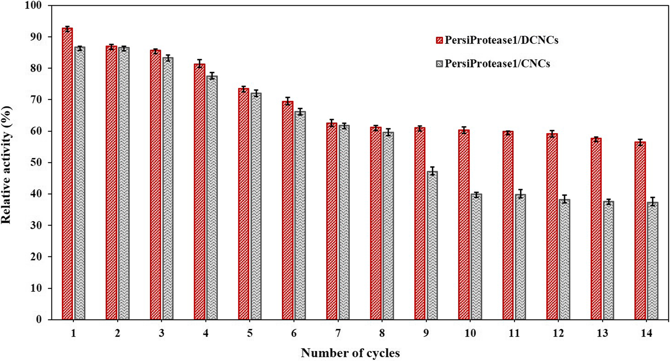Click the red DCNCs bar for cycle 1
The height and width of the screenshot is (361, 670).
(67, 174)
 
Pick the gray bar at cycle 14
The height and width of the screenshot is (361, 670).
(652, 261)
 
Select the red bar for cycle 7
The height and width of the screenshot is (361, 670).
(332, 221)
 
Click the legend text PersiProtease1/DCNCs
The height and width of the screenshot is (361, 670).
(501, 40)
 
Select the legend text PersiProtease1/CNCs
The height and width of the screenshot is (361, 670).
(497, 64)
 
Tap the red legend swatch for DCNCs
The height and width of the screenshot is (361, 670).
(439, 40)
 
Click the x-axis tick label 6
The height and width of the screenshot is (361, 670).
(294, 333)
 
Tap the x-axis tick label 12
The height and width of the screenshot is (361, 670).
(558, 333)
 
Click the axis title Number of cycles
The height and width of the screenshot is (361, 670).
(350, 353)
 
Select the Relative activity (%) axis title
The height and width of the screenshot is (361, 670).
(6, 165)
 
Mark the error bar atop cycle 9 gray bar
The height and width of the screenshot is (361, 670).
(432, 171)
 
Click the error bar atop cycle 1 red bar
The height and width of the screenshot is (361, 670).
(67, 29)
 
